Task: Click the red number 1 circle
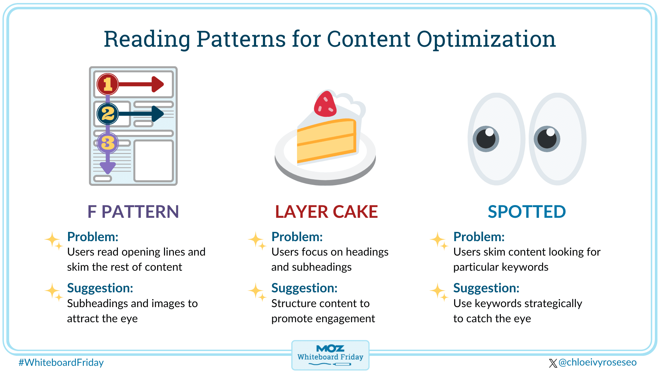pos(108,84)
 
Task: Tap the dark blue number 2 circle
pos(108,114)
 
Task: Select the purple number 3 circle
pos(108,143)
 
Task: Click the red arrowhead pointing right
pos(157,84)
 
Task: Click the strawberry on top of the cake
pos(325,104)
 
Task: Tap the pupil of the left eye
pos(486,139)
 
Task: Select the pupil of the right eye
pos(547,138)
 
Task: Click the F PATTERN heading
pos(133,212)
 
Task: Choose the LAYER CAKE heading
pos(327,212)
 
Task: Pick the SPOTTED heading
pos(527,212)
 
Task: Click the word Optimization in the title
pos(486,39)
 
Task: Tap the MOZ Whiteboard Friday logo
pos(330,355)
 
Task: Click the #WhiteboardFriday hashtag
pos(61,362)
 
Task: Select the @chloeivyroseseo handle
pos(597,362)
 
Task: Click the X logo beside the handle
pos(553,363)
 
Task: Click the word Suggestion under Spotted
pos(486,288)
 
